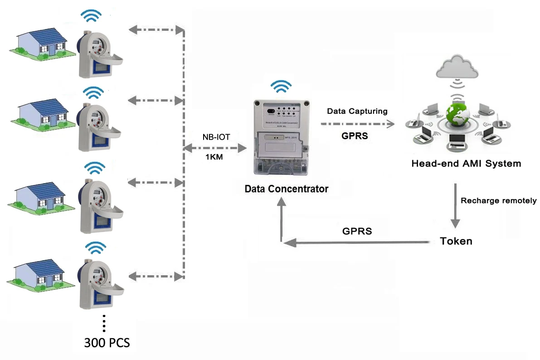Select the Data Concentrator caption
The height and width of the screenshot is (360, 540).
(x=286, y=189)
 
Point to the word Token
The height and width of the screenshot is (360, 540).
(x=456, y=241)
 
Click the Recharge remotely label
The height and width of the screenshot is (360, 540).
(x=498, y=200)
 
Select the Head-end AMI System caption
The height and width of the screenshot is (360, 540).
(x=466, y=163)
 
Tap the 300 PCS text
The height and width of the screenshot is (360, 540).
(x=107, y=342)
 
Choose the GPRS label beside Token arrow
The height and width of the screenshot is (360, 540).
(x=357, y=231)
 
